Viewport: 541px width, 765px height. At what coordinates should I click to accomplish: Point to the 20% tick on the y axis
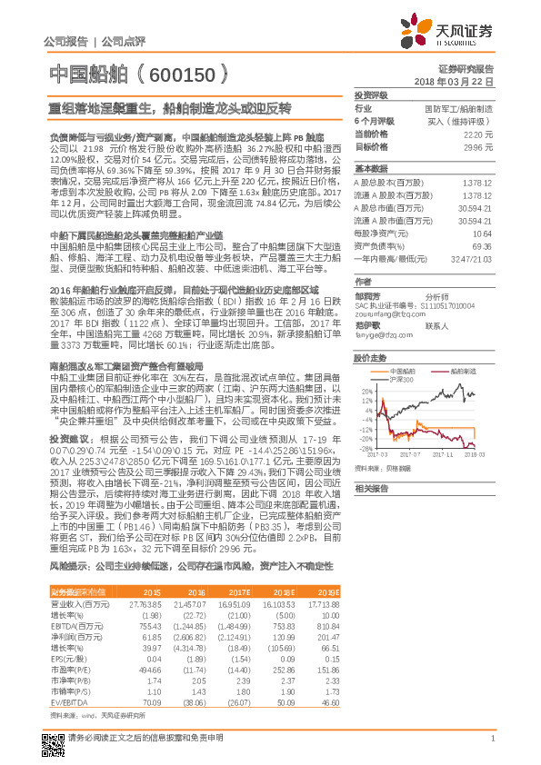366,392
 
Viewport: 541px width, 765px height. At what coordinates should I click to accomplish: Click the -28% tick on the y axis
365,448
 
